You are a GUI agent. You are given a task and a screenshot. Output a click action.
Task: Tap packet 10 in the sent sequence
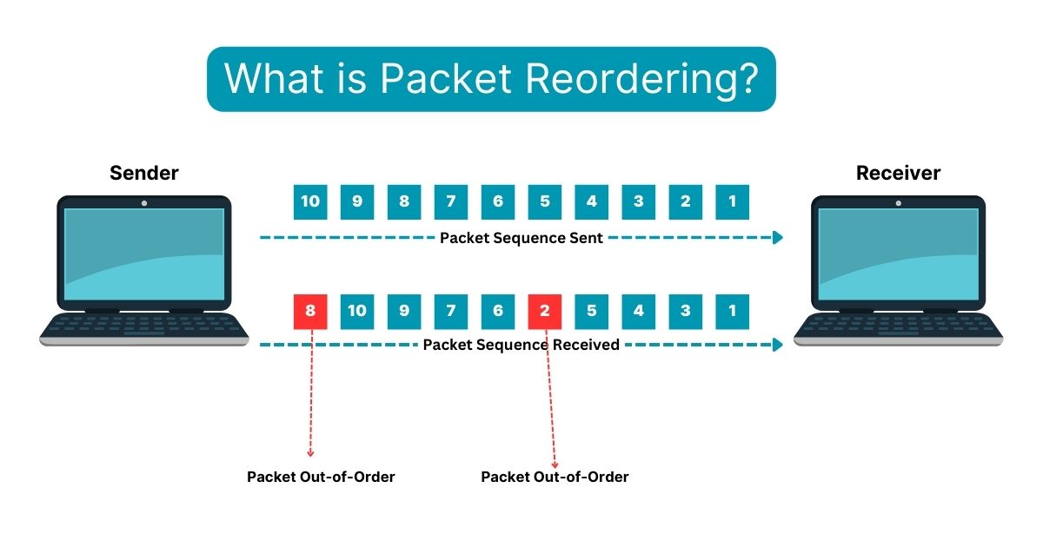[x=310, y=201]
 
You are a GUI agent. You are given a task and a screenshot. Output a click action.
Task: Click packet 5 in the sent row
[x=545, y=201]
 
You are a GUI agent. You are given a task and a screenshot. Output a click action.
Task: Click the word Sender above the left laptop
[x=143, y=173]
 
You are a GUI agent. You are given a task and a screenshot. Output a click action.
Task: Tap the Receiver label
[x=898, y=173]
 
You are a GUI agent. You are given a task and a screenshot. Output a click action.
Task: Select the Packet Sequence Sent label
[x=521, y=238]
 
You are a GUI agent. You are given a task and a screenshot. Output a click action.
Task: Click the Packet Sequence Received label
[x=521, y=345]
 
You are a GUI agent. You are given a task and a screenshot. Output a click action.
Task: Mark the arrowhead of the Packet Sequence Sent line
[x=778, y=238]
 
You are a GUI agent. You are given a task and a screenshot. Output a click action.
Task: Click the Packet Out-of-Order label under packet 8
[x=321, y=477]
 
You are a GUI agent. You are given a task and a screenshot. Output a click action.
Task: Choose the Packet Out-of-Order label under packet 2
[x=555, y=477]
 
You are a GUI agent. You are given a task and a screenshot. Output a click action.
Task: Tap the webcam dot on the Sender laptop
[x=144, y=203]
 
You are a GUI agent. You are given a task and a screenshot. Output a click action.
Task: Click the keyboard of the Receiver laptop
[x=898, y=325]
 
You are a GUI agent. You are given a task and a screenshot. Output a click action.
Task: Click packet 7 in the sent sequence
[x=451, y=201]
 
